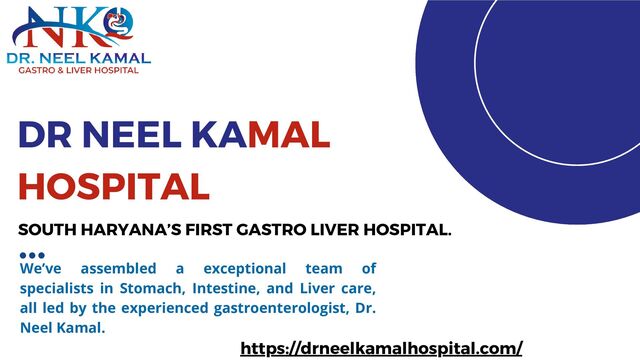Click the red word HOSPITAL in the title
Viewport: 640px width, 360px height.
tap(115, 185)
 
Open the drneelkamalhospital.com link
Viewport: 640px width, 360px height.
tap(382, 348)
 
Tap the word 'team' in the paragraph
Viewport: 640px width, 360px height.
tap(317, 269)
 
